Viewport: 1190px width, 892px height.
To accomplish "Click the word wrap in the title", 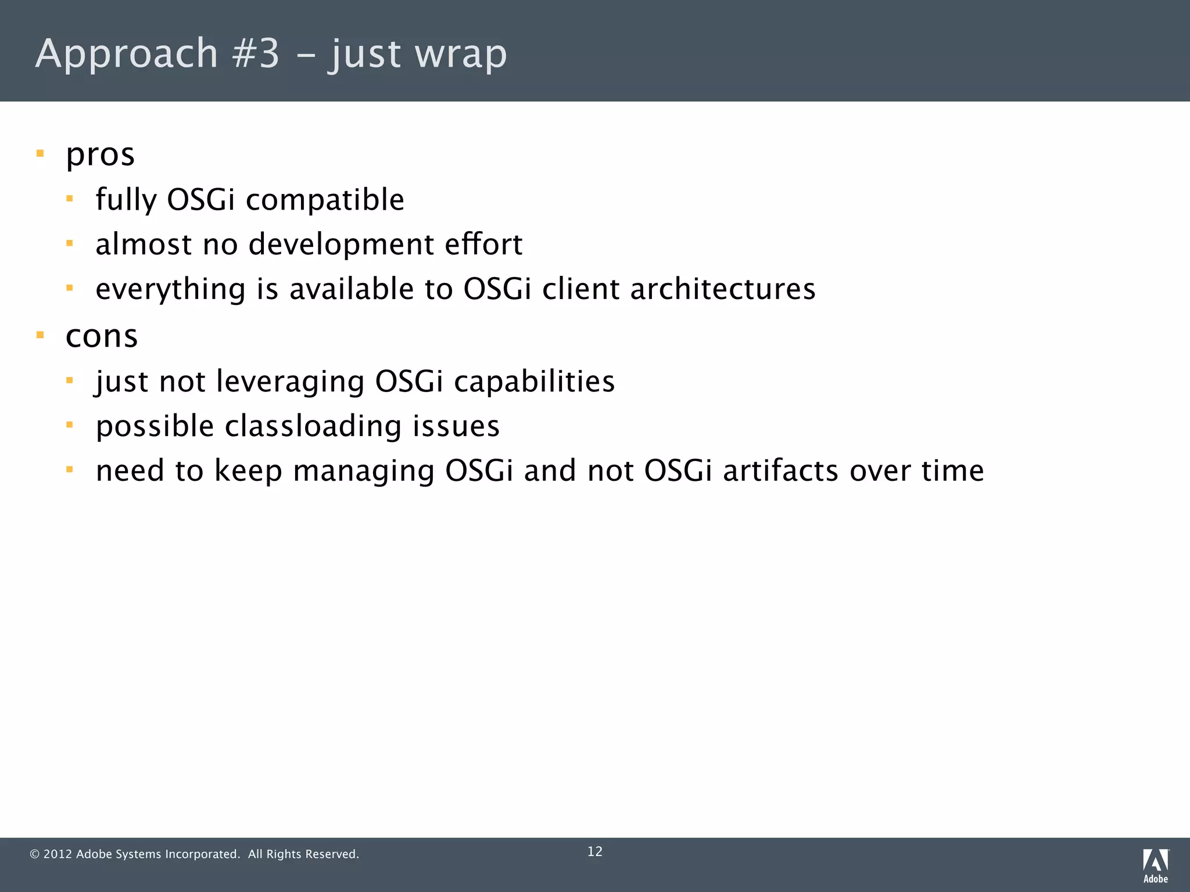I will coord(461,54).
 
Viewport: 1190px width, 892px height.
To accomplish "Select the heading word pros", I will coord(100,155).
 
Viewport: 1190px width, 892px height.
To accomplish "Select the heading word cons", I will coord(102,336).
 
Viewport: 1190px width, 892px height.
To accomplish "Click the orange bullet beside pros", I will coord(40,154).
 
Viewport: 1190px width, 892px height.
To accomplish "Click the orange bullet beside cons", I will coord(40,335).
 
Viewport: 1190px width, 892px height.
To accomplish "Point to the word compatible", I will coord(325,200).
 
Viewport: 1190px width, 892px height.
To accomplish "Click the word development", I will coord(341,244).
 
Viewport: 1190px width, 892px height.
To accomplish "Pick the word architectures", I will coord(723,289).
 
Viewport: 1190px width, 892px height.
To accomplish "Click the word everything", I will coord(170,289).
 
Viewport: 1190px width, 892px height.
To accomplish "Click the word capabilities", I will coord(534,382).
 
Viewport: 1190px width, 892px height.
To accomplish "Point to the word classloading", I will coord(313,426).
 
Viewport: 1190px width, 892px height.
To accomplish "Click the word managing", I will coord(364,471).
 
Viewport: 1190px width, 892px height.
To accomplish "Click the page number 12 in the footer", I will coord(595,852).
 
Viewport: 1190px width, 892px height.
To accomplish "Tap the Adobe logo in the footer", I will coord(1155,865).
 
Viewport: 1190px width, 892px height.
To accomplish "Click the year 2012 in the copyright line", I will coord(58,854).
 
